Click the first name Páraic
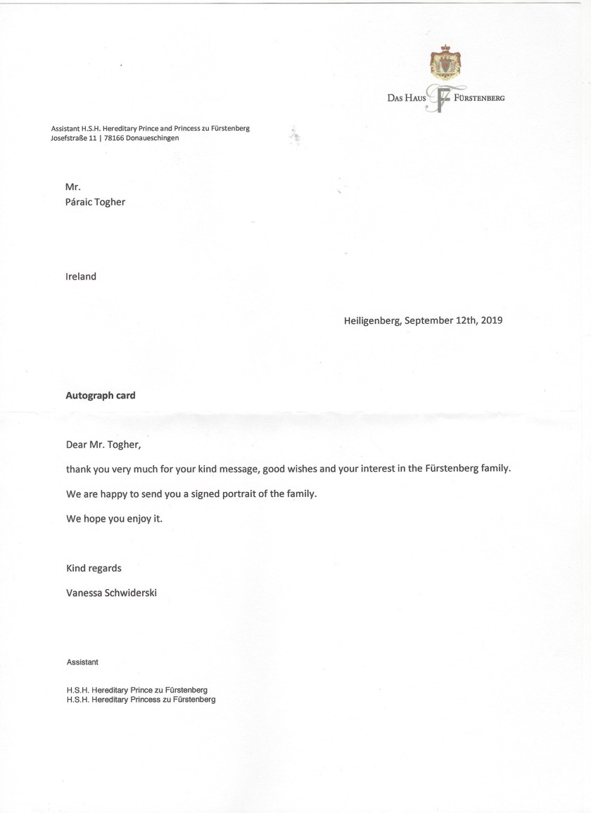tap(80, 202)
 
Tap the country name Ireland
tap(81, 277)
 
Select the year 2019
tap(491, 320)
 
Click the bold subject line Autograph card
tap(101, 396)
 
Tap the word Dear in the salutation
tap(77, 444)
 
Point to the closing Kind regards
tap(94, 568)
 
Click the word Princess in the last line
tap(150, 700)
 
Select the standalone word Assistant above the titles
tap(82, 662)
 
